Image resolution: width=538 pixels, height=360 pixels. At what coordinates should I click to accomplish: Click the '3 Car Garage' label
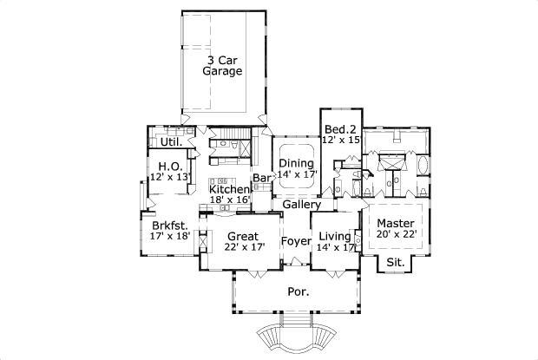click(x=223, y=66)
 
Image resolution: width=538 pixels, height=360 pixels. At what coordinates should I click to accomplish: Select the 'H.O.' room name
click(x=168, y=165)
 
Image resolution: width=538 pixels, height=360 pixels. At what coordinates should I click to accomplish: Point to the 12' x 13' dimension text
click(x=169, y=177)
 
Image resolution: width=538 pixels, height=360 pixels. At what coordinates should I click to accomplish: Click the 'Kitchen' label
click(x=230, y=189)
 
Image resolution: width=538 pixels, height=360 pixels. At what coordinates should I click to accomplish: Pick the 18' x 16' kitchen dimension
click(x=230, y=200)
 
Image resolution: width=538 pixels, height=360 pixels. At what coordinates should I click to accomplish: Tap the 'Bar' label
click(x=262, y=180)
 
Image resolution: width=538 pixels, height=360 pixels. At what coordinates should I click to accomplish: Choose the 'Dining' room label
click(x=296, y=162)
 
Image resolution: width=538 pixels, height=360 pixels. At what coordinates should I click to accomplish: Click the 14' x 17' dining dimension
click(x=297, y=174)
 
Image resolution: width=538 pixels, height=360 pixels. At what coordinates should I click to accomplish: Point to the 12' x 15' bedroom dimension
click(x=340, y=140)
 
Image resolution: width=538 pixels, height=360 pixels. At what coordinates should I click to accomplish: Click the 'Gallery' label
click(x=302, y=205)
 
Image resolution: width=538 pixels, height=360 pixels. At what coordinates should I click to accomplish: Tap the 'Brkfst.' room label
click(x=169, y=223)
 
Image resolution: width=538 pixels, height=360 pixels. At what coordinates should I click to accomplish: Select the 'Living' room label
click(x=335, y=236)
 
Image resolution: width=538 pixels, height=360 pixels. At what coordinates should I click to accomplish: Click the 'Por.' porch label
click(x=299, y=292)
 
